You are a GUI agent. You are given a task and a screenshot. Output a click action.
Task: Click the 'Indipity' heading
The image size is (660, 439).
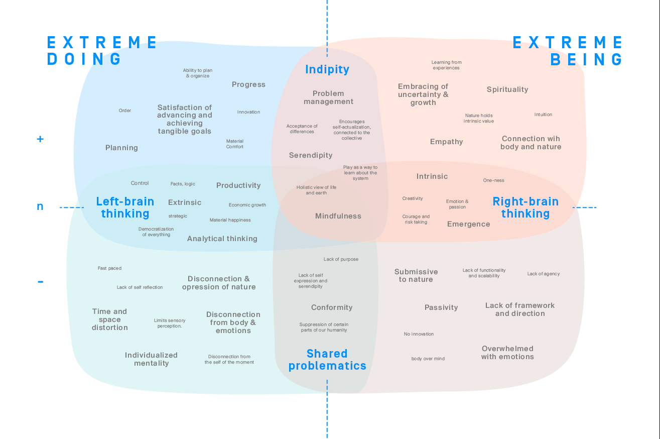(327, 69)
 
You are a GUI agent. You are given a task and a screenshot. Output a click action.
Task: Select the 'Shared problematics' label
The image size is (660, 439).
(327, 360)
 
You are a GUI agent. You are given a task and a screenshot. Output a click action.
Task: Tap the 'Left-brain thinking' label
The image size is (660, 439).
(125, 207)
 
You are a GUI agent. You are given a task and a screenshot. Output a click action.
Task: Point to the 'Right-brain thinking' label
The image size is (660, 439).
(525, 207)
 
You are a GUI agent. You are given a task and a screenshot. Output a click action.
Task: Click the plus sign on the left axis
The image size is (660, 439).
(40, 139)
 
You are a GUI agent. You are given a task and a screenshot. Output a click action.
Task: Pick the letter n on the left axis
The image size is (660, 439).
(40, 206)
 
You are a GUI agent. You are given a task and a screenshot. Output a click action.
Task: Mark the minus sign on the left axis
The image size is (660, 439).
(40, 282)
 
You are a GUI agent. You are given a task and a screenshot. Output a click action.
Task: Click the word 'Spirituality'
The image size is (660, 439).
(507, 89)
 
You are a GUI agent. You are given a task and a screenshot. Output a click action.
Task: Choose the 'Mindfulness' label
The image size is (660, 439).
(338, 216)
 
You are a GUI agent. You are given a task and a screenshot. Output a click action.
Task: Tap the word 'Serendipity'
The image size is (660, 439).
(311, 155)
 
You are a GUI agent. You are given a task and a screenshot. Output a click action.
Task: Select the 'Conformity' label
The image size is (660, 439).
(332, 307)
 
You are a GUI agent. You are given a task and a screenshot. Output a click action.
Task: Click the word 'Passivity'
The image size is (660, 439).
(441, 307)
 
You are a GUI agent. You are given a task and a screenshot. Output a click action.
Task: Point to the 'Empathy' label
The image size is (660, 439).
(447, 142)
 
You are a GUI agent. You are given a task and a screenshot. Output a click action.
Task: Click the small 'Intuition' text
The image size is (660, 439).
(543, 115)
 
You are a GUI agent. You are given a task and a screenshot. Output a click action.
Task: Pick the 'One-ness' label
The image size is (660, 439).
(493, 180)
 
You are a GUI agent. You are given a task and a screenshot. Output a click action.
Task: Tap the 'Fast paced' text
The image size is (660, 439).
(109, 268)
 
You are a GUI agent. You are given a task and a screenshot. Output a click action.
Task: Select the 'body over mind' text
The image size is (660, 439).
(428, 359)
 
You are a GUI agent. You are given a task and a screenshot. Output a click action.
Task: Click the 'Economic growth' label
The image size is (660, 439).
(247, 205)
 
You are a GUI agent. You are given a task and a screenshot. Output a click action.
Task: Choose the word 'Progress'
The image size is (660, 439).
(248, 84)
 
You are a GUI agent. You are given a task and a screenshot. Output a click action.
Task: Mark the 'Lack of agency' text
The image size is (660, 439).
(544, 274)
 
